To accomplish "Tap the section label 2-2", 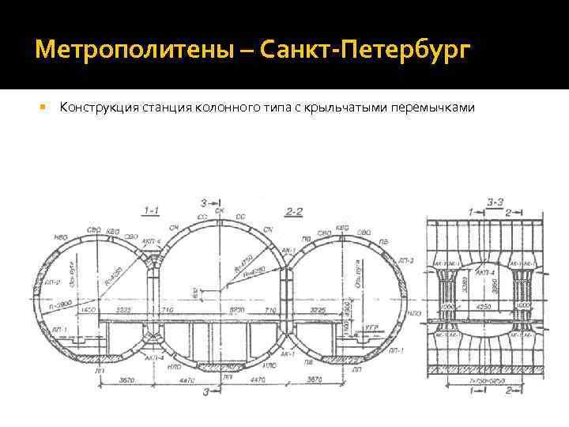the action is [294, 210].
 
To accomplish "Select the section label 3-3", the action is [496, 202].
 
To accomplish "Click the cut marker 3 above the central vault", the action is [205, 202].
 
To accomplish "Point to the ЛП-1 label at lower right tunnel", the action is [400, 350].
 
